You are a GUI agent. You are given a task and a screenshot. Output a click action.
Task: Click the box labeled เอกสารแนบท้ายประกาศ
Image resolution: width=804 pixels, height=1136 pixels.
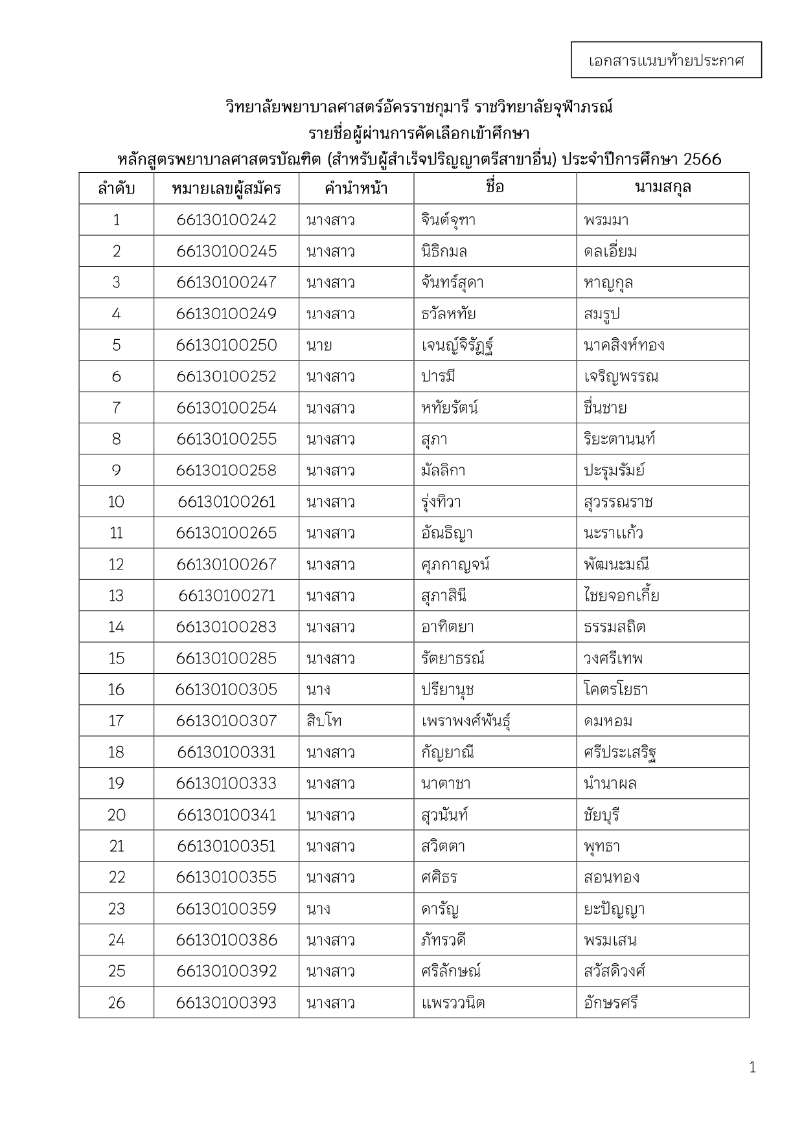click(666, 60)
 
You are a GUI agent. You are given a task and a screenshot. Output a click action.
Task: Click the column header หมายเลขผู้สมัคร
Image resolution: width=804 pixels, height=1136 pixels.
click(226, 189)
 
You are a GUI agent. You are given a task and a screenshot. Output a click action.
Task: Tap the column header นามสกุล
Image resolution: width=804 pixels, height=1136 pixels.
click(662, 188)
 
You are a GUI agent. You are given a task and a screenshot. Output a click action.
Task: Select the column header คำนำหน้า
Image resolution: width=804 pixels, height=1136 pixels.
click(356, 189)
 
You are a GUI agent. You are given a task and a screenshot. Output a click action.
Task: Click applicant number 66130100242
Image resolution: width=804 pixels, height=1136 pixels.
click(226, 220)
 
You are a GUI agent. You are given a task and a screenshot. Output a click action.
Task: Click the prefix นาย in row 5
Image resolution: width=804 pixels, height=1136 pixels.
click(319, 345)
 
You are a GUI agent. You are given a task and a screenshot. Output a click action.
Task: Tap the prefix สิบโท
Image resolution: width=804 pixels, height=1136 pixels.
click(324, 721)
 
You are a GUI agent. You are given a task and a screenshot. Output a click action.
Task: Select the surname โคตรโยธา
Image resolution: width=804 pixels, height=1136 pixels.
click(615, 690)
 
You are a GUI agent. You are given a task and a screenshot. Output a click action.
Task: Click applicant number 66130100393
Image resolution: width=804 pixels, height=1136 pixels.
click(226, 1003)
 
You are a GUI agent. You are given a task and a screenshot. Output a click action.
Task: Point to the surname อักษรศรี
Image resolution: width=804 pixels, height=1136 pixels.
click(610, 1003)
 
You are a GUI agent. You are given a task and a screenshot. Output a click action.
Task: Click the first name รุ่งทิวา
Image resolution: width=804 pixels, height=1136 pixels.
click(441, 502)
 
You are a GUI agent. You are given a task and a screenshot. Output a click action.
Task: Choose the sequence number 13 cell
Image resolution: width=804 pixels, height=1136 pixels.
click(116, 596)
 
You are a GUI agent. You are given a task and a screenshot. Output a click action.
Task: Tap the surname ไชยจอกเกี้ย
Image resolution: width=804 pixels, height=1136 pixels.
click(621, 596)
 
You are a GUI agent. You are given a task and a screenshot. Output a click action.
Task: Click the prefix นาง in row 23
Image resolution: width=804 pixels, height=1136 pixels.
click(318, 909)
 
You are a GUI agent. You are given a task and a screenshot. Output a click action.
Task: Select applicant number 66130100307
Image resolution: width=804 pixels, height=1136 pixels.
click(226, 721)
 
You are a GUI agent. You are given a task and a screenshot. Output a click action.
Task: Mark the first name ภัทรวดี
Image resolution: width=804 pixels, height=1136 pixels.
click(443, 940)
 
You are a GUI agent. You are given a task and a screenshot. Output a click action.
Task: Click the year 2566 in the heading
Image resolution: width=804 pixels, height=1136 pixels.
click(702, 159)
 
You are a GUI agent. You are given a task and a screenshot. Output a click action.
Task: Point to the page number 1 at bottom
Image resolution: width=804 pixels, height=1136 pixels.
click(752, 1068)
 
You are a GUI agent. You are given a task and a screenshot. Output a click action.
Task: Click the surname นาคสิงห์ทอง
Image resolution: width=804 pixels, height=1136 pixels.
click(623, 345)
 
